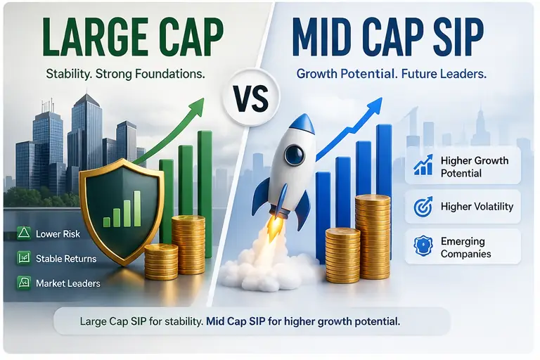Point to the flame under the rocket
pyautogui.click(x=276, y=226)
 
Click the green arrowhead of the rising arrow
pyautogui.click(x=195, y=107)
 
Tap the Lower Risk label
pyautogui.click(x=58, y=234)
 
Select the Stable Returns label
pyautogui.click(x=65, y=259)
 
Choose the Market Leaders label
pyautogui.click(x=67, y=283)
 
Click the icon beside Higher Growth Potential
pyautogui.click(x=423, y=167)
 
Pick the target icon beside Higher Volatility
pyautogui.click(x=423, y=207)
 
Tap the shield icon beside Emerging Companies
pyautogui.click(x=423, y=247)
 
